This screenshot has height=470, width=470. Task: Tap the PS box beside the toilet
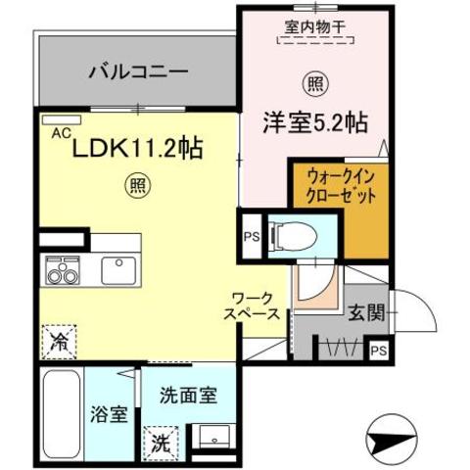coord(251,236)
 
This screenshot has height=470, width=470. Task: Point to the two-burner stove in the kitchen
coord(61,270)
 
